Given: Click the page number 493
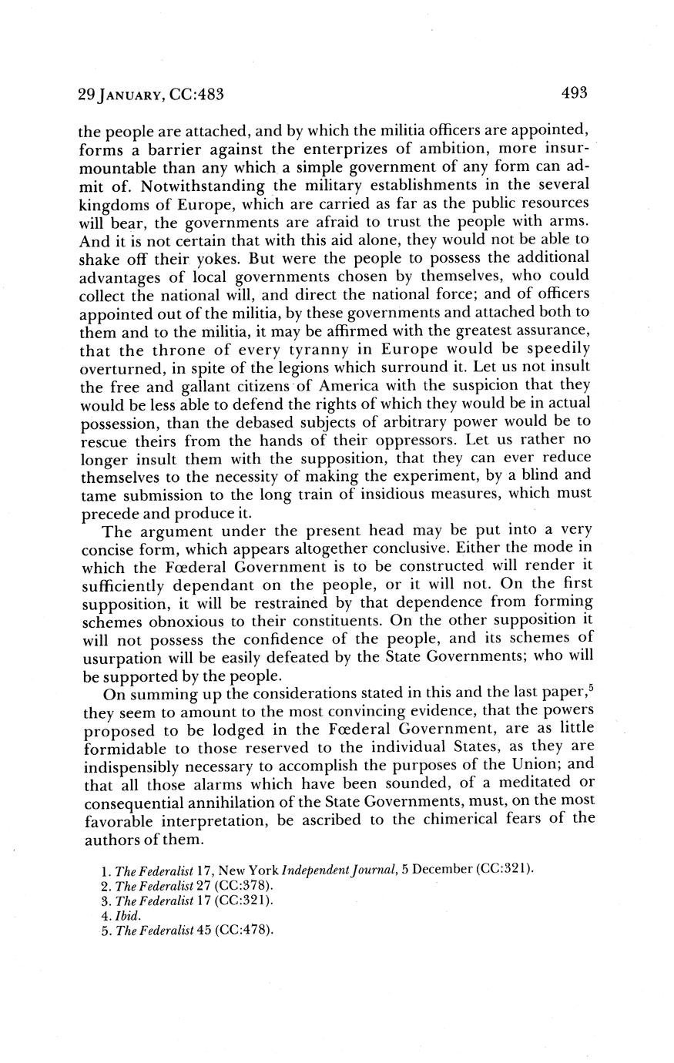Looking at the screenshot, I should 575,94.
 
